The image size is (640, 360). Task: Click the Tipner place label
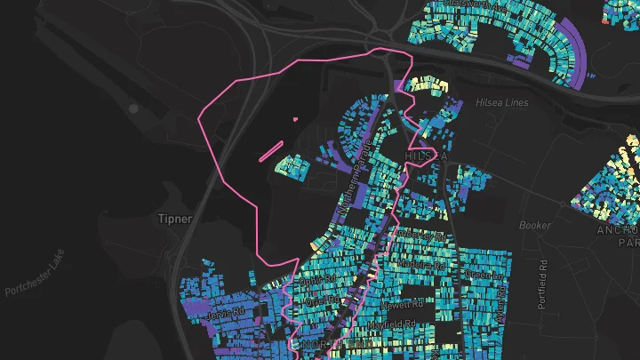[x=174, y=219]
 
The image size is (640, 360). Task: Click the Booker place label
[x=535, y=226]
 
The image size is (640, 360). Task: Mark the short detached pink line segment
[x=272, y=150]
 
